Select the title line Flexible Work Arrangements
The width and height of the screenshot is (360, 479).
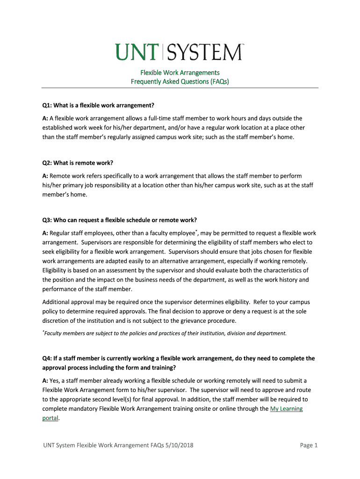pos(180,73)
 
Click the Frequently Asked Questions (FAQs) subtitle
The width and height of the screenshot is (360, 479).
pos(180,81)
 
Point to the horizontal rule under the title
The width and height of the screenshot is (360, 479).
pos(180,88)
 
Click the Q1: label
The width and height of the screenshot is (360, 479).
pos(47,105)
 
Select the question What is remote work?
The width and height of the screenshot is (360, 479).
pos(84,163)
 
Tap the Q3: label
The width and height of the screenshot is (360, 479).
pos(47,220)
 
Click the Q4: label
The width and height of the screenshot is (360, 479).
pos(47,358)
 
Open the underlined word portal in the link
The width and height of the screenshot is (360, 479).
pos(50,418)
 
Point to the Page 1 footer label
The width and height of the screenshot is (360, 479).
pos(309,445)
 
